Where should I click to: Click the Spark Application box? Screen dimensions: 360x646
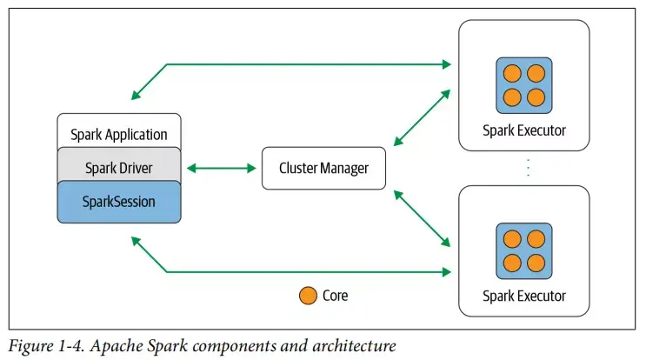[118, 134]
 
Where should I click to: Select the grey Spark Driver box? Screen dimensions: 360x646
[118, 167]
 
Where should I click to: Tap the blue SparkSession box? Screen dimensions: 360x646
[118, 201]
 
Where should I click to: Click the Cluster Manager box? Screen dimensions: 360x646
[323, 168]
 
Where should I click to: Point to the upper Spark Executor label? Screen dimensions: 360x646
[523, 130]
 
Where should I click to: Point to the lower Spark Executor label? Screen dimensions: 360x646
[523, 296]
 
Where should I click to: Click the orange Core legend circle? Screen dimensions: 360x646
[307, 296]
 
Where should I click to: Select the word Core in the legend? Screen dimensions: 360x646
[335, 296]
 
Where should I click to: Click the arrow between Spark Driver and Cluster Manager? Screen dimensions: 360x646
[222, 168]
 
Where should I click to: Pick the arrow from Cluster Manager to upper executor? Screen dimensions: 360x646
[422, 116]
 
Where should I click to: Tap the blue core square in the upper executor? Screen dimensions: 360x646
[523, 85]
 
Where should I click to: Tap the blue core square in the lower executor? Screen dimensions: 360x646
[523, 250]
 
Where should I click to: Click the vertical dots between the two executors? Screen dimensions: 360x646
[527, 168]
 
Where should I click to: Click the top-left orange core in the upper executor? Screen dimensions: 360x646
[513, 74]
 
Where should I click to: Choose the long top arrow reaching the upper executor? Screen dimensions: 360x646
[304, 63]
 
